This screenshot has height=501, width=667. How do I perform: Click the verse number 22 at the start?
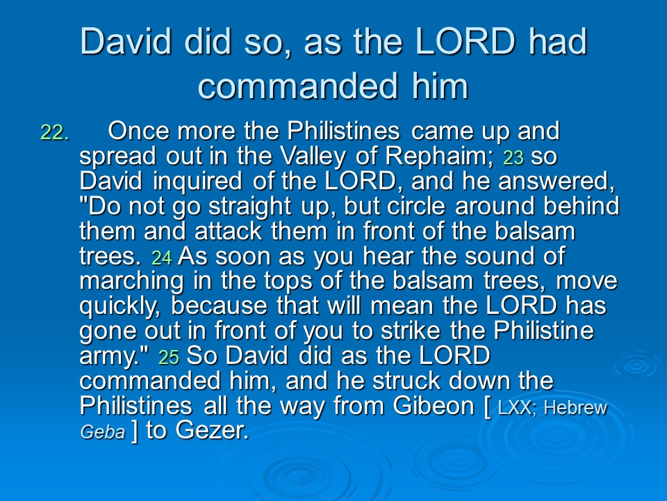tap(54, 132)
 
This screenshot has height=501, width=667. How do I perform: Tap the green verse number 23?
tap(513, 158)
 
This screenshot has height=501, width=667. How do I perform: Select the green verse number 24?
tap(162, 257)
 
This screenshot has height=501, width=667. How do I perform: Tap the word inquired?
tap(197, 182)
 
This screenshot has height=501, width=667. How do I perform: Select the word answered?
tap(557, 182)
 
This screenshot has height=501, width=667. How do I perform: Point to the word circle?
tap(416, 207)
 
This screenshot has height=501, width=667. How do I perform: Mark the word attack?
tap(228, 232)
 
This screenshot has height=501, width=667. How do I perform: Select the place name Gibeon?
tap(434, 406)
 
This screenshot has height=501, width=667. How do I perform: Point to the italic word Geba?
tap(103, 432)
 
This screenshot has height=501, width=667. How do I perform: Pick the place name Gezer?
tap(212, 431)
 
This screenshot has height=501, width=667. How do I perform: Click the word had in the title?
tap(558, 41)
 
